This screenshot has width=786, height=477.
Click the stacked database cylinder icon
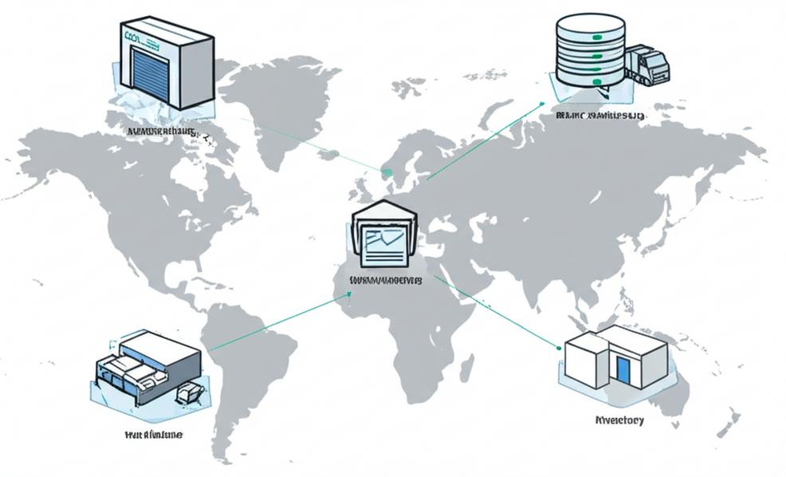tap(590, 49)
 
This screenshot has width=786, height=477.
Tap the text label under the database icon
tap(600, 116)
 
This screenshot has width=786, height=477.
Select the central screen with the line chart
tap(385, 243)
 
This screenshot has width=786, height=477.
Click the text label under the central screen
tap(387, 281)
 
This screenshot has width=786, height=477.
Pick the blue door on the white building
tap(622, 369)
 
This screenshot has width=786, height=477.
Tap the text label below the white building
tap(619, 420)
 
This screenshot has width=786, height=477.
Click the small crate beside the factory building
tap(190, 393)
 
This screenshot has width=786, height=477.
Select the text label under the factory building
tap(154, 435)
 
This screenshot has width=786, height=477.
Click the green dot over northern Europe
tap(387, 172)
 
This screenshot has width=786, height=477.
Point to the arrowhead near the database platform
tap(541, 104)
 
